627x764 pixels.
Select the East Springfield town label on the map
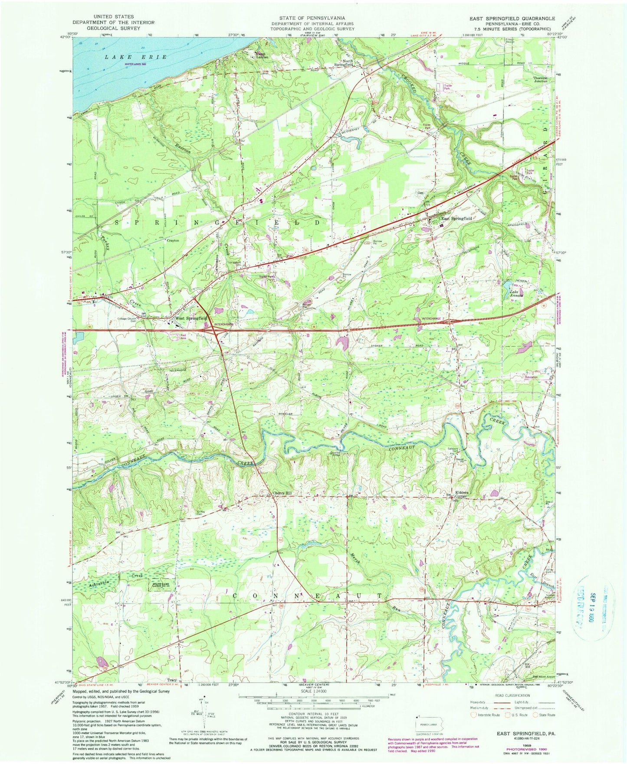click(456, 219)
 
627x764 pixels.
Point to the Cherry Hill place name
click(282, 493)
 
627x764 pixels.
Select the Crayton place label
click(172, 241)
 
